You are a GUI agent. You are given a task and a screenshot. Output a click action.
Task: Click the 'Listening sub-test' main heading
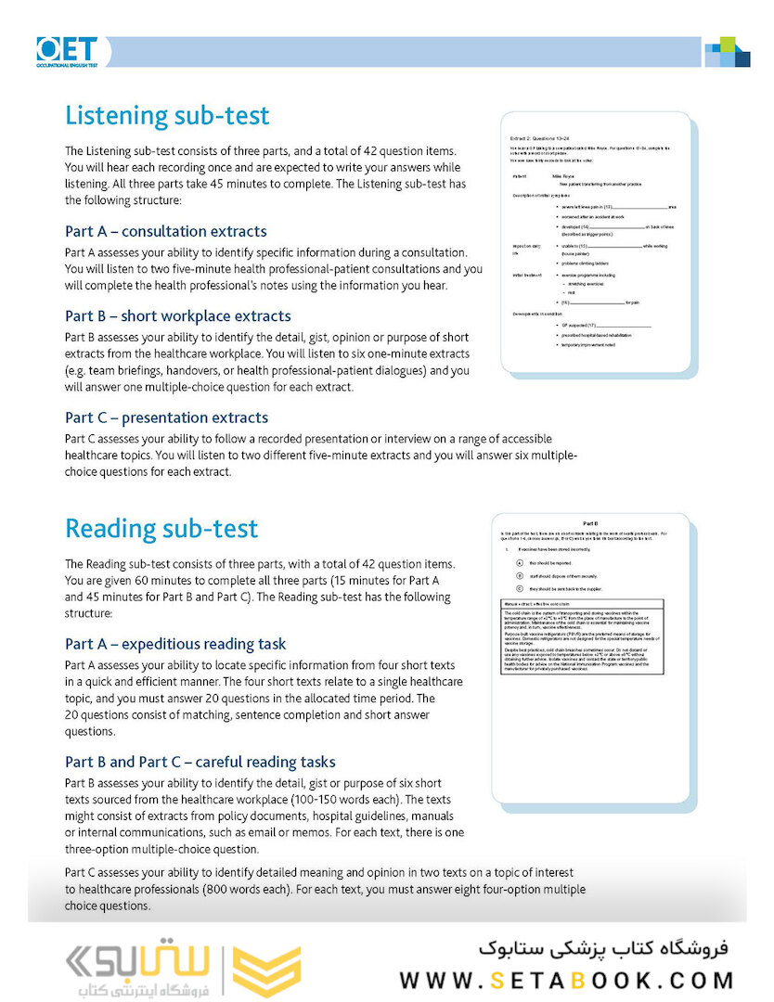[x=167, y=116]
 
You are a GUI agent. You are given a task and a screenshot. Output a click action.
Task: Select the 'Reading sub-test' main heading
[x=161, y=529]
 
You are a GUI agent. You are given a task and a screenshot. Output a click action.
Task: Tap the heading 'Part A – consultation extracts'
[x=165, y=231]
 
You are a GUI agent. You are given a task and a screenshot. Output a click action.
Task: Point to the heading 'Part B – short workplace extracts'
[x=177, y=315]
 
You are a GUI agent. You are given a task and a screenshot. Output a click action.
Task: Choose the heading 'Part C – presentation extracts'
[x=166, y=417]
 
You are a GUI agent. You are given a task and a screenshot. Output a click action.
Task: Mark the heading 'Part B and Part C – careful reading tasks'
[x=200, y=762]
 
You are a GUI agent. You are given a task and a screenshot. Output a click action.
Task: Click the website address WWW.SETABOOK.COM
[x=567, y=980]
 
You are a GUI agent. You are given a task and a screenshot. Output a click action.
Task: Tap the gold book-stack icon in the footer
[x=265, y=970]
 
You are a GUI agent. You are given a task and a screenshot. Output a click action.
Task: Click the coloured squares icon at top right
[x=727, y=52]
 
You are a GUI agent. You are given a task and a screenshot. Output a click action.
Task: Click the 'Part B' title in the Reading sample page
[x=590, y=524]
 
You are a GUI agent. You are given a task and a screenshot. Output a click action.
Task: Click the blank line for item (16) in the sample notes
[x=599, y=302]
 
